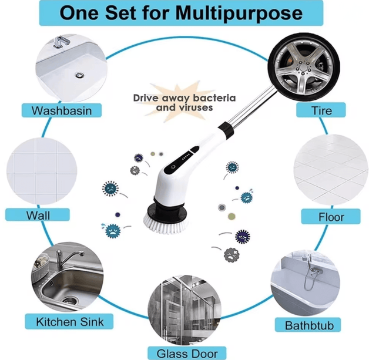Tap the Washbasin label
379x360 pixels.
(x=62, y=109)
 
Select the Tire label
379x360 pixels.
(x=322, y=110)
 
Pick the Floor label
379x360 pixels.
(x=331, y=217)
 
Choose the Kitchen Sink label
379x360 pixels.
(x=70, y=321)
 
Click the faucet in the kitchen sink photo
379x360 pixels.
(x=65, y=259)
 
